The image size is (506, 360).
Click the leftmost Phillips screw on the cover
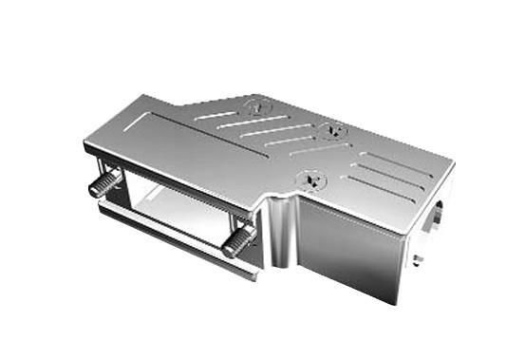click(x=255, y=106)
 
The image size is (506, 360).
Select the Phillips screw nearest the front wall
click(x=309, y=177)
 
